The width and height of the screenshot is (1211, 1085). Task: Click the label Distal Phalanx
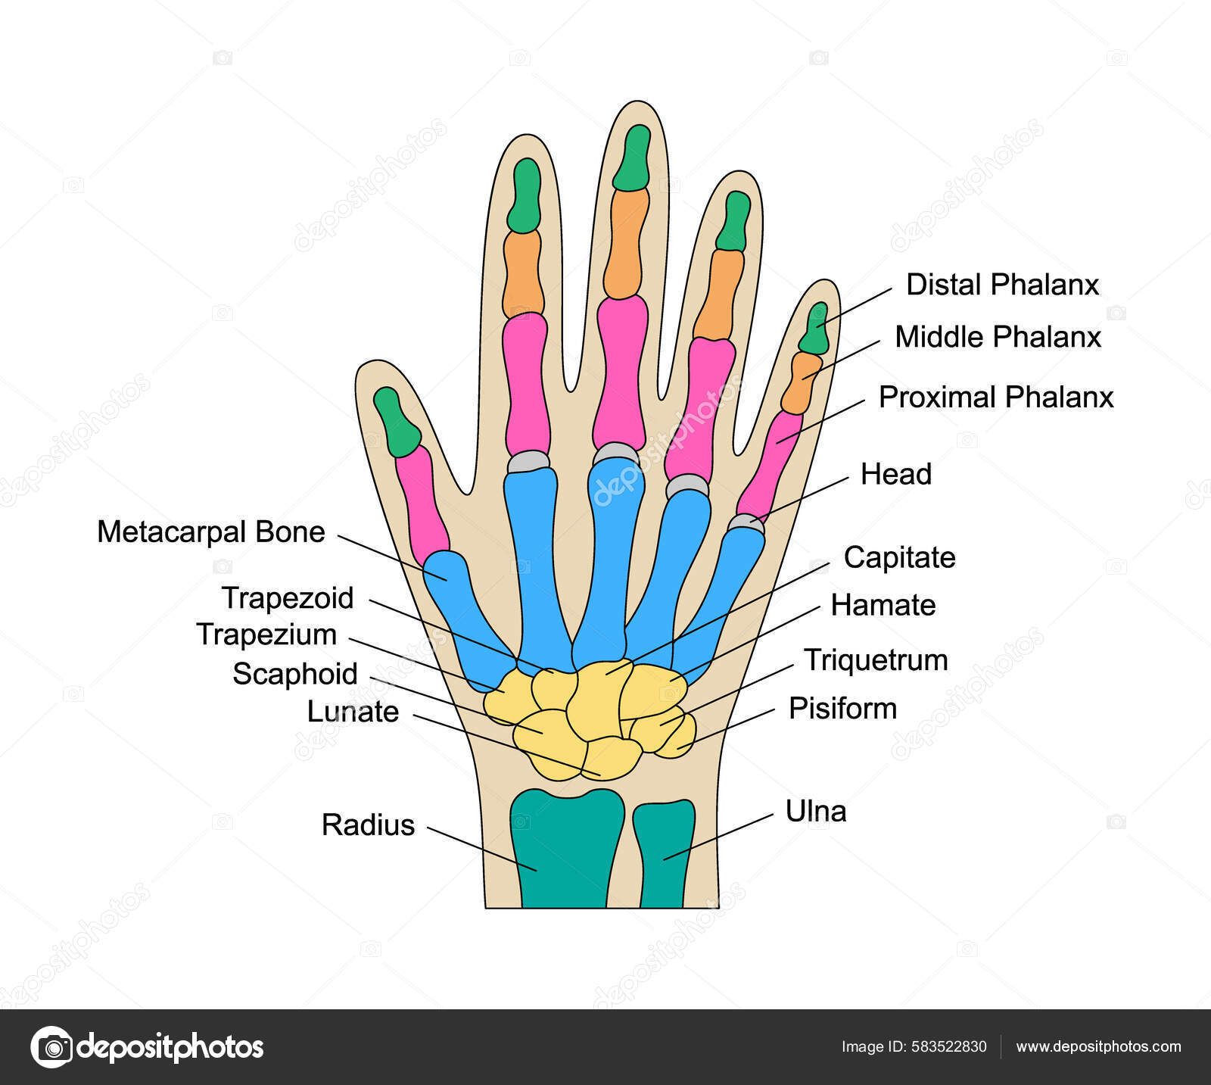click(x=1002, y=285)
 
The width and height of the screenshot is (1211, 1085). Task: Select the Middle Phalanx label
click(x=998, y=337)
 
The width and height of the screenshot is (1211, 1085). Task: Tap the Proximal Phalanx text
click(x=996, y=397)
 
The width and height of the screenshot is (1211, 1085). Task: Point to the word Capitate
click(x=899, y=557)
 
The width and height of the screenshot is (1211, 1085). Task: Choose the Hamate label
click(x=883, y=605)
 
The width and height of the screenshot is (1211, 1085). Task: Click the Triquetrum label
click(x=876, y=660)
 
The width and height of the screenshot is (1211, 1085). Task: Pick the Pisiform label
click(x=842, y=709)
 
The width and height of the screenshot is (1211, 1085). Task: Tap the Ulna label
click(x=816, y=811)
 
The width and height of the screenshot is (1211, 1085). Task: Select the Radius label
click(x=368, y=825)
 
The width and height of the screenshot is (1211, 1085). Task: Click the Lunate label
click(x=353, y=712)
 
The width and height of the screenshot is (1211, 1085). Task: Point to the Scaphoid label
click(x=294, y=674)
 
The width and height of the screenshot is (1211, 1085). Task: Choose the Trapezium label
click(x=266, y=634)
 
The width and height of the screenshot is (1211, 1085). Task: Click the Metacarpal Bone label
click(x=211, y=532)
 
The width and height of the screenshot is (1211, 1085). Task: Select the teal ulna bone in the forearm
click(x=664, y=852)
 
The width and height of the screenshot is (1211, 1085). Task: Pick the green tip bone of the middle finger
click(x=632, y=157)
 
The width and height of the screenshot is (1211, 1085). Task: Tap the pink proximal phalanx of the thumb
click(x=422, y=501)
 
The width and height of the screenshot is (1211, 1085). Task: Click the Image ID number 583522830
click(x=948, y=1046)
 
